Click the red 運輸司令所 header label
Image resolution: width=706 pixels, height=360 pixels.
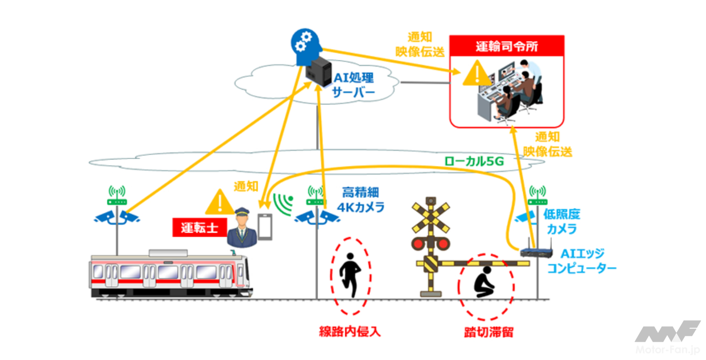(x=506, y=48)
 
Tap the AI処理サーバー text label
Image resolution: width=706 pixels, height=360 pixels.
(x=354, y=85)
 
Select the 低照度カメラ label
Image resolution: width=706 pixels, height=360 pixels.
(x=561, y=222)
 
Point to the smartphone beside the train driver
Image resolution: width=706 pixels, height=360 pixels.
(x=265, y=227)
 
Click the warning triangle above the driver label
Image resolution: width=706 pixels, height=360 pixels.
(x=219, y=202)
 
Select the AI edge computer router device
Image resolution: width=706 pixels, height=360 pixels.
(x=537, y=251)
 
